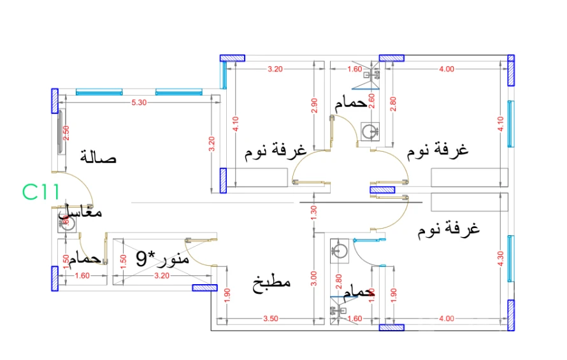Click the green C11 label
click(x=41, y=191)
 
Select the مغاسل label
click(x=81, y=214)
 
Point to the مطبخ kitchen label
click(x=273, y=281)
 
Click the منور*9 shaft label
click(x=162, y=259)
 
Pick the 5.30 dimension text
click(x=139, y=102)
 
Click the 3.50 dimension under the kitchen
click(x=270, y=318)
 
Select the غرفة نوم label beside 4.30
click(x=449, y=229)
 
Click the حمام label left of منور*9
click(x=87, y=259)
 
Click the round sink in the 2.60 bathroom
click(x=369, y=131)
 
